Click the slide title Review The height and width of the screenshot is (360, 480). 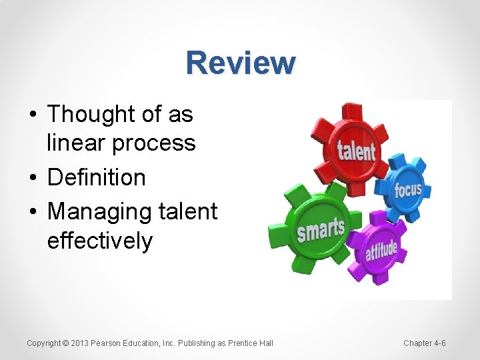(241, 63)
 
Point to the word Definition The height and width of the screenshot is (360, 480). (97, 177)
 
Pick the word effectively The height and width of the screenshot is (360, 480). (100, 241)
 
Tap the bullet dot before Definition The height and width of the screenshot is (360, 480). (33, 178)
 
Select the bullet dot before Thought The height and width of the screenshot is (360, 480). (33, 115)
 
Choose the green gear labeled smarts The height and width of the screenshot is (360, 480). (320, 228)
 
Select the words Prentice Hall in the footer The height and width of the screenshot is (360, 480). (251, 343)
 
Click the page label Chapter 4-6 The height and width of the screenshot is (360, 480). (425, 343)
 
